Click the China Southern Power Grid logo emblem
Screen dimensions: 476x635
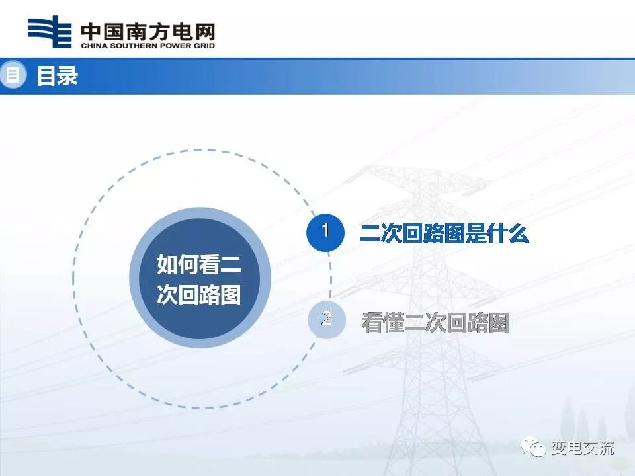tap(50, 32)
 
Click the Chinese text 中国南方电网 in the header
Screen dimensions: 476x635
tap(147, 30)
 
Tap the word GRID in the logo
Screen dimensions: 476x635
tap(202, 46)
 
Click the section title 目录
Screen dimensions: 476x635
tap(57, 76)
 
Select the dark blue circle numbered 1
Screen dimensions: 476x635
tap(325, 232)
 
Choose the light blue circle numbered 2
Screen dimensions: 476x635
tap(326, 320)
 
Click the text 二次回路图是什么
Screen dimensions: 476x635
tap(444, 233)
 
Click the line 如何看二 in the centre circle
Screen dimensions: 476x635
tap(198, 264)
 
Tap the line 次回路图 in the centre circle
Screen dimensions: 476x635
tap(198, 295)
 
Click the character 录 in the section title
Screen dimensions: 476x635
tap(67, 76)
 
